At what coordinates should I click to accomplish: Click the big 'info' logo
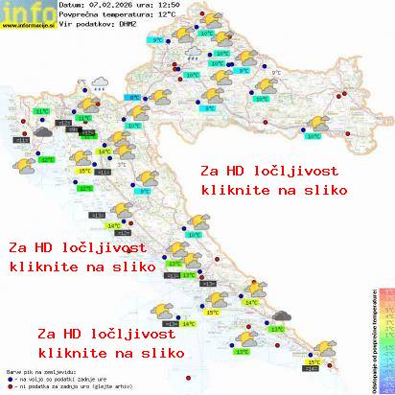pos(26,12)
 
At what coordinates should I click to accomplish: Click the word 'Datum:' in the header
pos(71,6)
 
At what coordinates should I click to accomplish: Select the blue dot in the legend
pos(9,376)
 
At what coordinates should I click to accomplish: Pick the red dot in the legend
pos(9,383)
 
